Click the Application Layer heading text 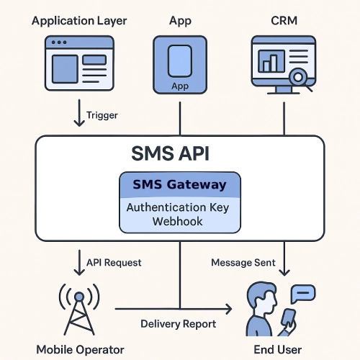point(79,20)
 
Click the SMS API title point(179,153)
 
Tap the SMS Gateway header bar point(179,185)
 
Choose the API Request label point(113,263)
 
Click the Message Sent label point(243,263)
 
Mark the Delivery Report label point(178,323)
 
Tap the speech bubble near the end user point(304,294)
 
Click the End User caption point(278,349)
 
